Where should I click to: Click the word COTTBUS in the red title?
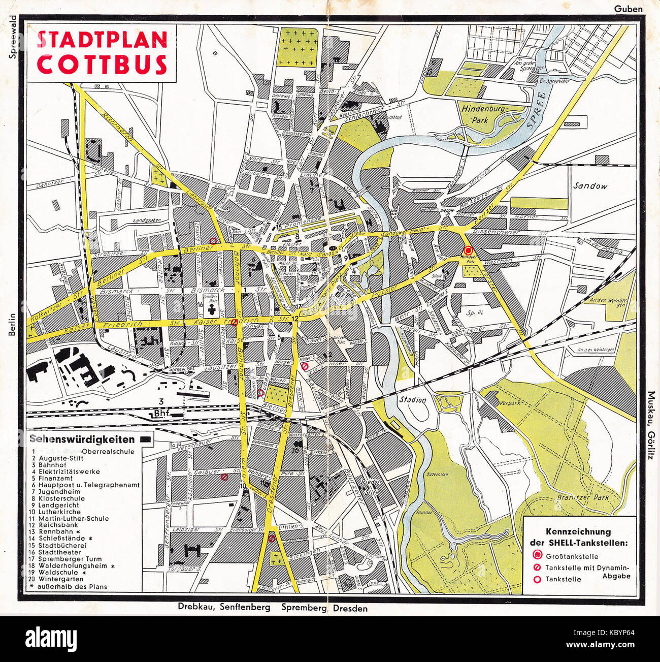[102, 64]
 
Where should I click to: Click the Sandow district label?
[590, 186]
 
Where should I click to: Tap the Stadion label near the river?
[412, 400]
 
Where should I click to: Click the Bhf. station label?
[161, 415]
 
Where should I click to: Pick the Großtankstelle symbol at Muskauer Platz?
[468, 250]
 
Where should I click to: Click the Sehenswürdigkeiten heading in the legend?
[82, 439]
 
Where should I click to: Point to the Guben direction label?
[629, 9]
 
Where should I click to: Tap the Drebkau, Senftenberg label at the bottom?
[224, 608]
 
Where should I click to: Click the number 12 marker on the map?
[295, 318]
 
